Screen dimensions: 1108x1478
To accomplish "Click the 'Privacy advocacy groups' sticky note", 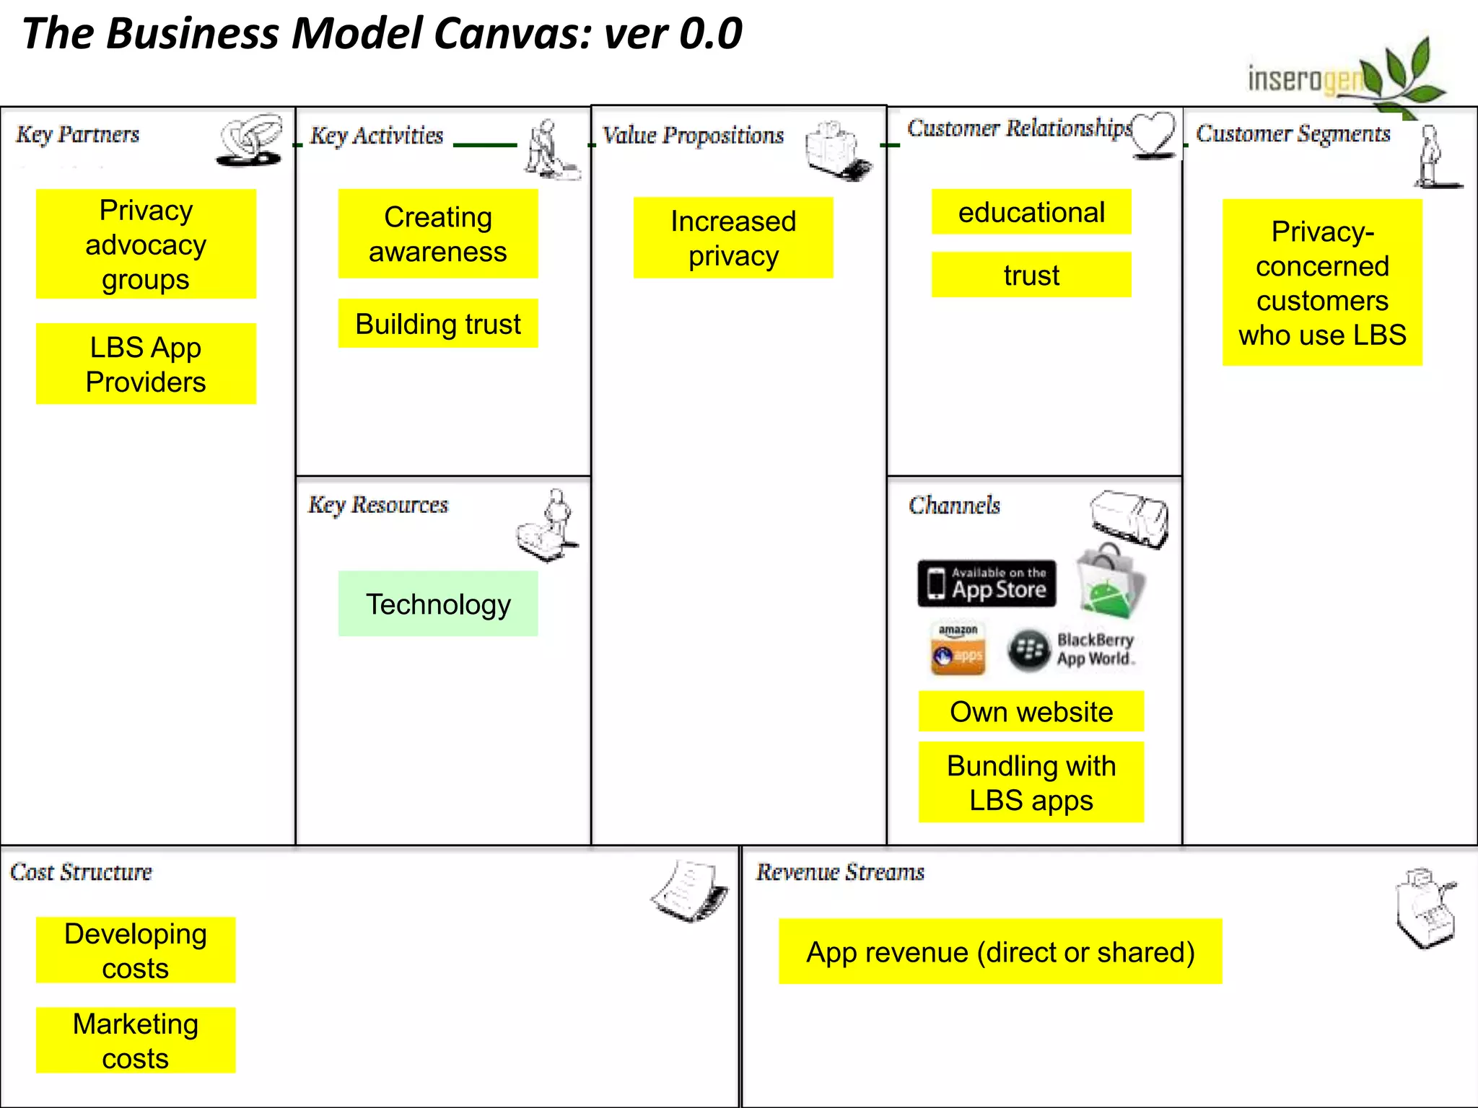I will click(x=146, y=244).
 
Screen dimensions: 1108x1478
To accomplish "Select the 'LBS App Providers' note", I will click(x=146, y=364).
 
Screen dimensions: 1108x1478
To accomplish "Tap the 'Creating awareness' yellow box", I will click(x=438, y=234).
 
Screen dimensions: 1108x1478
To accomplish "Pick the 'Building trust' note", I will click(x=438, y=323).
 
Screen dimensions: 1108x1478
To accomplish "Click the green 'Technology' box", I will click(x=438, y=604).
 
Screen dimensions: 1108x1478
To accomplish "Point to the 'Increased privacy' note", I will click(x=733, y=238).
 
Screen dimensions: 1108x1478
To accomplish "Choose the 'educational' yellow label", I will click(x=1031, y=212).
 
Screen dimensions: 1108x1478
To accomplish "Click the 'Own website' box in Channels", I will click(x=1031, y=711).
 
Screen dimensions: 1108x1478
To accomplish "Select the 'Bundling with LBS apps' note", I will click(x=1031, y=783).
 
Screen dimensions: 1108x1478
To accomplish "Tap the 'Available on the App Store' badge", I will click(x=987, y=583).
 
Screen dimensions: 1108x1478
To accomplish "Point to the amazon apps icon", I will click(x=958, y=648).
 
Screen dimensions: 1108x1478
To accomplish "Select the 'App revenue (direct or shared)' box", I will click(x=1000, y=951).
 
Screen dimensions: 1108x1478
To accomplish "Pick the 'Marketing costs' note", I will click(x=136, y=1040).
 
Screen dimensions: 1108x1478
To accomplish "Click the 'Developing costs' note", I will click(x=136, y=950).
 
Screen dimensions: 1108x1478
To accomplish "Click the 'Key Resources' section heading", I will click(x=378, y=505).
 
